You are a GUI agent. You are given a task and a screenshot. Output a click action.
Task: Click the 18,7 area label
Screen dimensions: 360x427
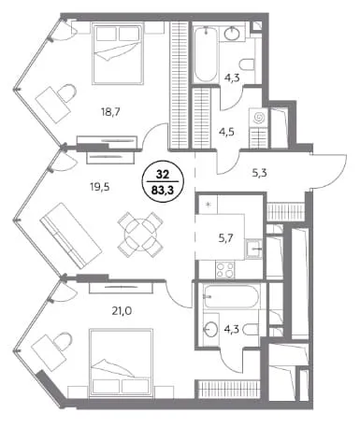click(x=110, y=111)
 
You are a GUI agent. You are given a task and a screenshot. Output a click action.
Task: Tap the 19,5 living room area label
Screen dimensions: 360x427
click(x=100, y=188)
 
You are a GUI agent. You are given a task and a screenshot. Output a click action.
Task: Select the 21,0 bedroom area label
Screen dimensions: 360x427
click(x=122, y=310)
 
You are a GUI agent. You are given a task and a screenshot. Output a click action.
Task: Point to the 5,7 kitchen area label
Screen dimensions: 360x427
click(x=226, y=238)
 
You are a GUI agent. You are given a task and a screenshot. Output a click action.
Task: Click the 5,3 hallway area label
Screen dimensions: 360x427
click(x=259, y=172)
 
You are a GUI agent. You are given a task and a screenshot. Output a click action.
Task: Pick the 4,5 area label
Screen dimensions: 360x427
click(x=226, y=132)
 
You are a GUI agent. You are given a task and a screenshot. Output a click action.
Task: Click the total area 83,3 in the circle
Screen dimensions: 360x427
click(x=162, y=190)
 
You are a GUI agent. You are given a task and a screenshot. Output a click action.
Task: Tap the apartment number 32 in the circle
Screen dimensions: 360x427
click(x=162, y=175)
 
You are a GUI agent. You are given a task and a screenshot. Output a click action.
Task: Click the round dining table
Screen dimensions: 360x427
click(x=140, y=235)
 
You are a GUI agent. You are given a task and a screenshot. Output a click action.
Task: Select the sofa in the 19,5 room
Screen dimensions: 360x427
click(x=71, y=235)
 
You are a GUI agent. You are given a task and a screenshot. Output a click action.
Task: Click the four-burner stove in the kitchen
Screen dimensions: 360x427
click(x=225, y=270)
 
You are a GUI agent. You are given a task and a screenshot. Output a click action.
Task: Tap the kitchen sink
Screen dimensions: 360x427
click(x=254, y=249)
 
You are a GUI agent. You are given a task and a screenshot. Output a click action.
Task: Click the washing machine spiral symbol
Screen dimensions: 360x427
click(x=259, y=118)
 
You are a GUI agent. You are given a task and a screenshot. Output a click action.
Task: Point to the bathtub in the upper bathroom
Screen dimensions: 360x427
click(x=206, y=55)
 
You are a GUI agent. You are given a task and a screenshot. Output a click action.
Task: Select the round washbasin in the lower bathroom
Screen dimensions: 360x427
click(x=211, y=329)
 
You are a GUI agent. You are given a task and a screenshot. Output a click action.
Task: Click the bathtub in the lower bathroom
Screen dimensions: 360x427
click(x=231, y=296)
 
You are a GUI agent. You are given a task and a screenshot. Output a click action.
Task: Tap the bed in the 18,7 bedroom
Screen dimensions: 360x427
click(x=118, y=53)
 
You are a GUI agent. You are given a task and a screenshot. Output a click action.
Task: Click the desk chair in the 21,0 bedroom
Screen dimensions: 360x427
click(x=63, y=341)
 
